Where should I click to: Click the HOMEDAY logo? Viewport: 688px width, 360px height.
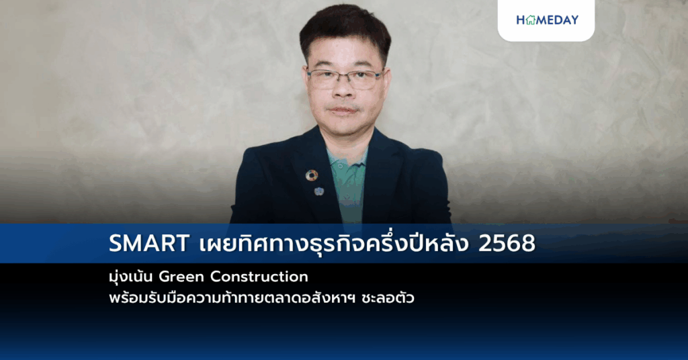pos(546,20)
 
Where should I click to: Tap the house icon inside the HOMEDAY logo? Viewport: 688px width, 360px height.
pos(530,20)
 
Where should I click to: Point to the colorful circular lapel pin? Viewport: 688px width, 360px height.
pos(312,175)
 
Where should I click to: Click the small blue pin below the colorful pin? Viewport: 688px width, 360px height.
pos(318,191)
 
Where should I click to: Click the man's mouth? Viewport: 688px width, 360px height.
pos(344,109)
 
